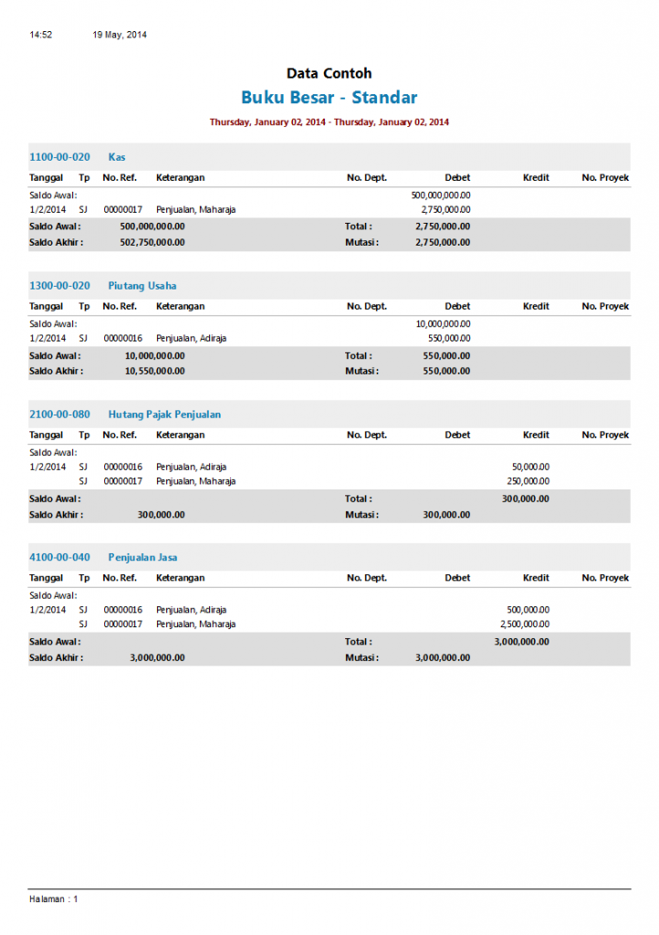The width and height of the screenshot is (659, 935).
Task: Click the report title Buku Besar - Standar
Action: coord(329,98)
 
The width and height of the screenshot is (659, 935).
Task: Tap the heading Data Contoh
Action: coord(329,74)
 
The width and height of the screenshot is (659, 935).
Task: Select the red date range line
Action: coord(329,121)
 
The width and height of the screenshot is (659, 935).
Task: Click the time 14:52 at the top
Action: coord(40,35)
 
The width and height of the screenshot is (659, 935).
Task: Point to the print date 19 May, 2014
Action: coord(120,35)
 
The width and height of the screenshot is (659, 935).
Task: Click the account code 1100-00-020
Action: coord(59,157)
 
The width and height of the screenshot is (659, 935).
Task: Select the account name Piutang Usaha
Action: coord(141,286)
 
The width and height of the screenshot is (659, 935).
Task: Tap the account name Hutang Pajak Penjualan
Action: coord(164,415)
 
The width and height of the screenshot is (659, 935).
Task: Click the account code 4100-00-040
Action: coord(59,557)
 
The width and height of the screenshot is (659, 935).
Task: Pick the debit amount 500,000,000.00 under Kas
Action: coord(441,194)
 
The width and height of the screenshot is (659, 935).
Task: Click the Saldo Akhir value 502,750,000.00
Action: coord(152,242)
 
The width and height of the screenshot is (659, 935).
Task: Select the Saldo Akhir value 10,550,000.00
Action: coord(154,371)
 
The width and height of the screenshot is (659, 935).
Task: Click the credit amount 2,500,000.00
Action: coord(525,624)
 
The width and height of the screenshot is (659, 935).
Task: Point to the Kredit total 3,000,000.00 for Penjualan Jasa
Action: coord(521,641)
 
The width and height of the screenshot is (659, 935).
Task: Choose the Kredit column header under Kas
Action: coord(536,178)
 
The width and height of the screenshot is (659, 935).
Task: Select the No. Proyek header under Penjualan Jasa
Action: coord(605,578)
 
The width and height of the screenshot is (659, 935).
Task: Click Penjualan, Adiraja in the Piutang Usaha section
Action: coord(191,338)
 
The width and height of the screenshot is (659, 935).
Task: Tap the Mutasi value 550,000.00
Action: coord(447,371)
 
